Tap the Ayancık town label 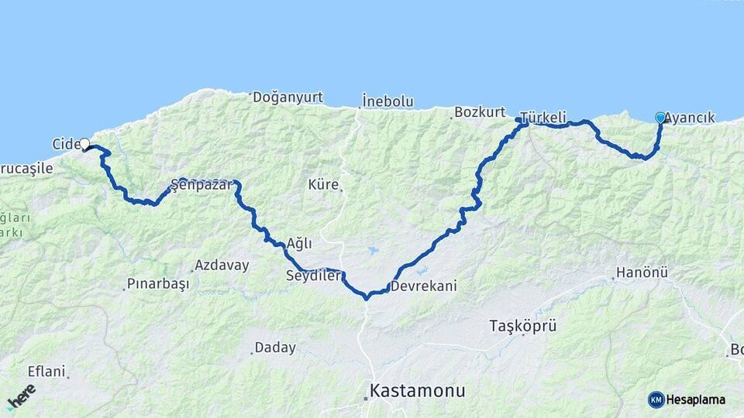690,118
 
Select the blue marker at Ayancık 660,118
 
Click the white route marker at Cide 84,143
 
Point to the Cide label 65,144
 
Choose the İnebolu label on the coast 387,101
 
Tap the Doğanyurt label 286,98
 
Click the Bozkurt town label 480,112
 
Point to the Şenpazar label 201,186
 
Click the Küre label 323,185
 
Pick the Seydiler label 312,276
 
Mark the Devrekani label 424,286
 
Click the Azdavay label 222,266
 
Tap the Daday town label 275,348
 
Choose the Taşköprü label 523,325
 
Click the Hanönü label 642,273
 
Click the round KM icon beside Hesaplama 656,399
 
